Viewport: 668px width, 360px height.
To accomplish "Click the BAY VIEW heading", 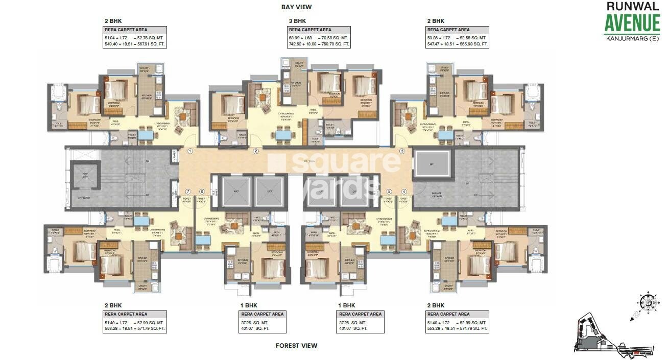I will (x=296, y=7).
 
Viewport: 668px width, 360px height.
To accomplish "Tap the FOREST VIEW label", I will (x=296, y=346).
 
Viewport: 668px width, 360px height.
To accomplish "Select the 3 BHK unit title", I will (x=297, y=21).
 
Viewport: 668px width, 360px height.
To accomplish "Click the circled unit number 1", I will (x=190, y=151).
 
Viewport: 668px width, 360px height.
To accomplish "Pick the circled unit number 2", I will (x=256, y=151).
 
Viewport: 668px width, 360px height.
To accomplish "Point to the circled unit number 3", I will (x=402, y=151).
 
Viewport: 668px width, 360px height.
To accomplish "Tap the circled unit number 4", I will (x=404, y=191).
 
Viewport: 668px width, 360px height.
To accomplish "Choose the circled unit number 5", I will (x=389, y=191).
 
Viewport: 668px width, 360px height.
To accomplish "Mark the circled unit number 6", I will (x=202, y=191).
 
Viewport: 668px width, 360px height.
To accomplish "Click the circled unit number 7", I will (x=187, y=191).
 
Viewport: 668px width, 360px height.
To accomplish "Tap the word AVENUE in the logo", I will (x=632, y=23).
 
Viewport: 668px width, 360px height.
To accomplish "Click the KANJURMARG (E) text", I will (x=632, y=39).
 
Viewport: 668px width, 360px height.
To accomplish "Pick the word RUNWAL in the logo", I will (x=632, y=7).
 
